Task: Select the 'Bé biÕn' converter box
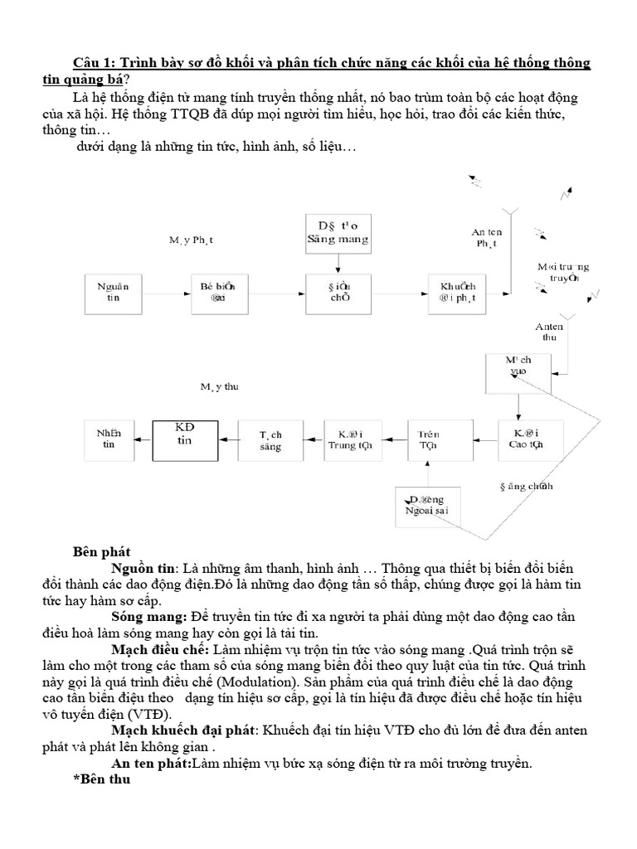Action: tap(219, 294)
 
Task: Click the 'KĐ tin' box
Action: tap(184, 440)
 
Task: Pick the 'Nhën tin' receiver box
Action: tap(108, 439)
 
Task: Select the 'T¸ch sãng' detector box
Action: tap(271, 440)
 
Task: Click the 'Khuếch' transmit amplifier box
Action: tap(458, 294)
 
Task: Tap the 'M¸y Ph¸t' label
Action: tap(192, 240)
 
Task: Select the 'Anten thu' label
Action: tap(549, 332)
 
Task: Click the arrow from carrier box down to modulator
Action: tap(337, 263)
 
